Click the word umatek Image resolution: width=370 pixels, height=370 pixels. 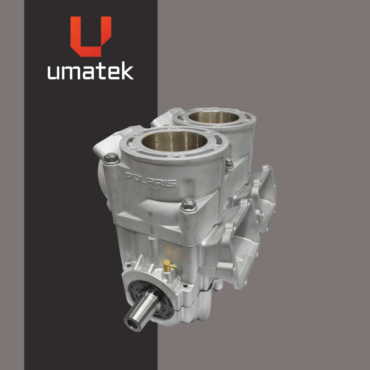(x=91, y=70)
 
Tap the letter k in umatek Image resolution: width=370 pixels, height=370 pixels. (x=128, y=70)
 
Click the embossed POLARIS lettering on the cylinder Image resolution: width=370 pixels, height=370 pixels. (x=151, y=180)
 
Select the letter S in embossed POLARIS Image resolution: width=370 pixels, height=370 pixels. (x=172, y=184)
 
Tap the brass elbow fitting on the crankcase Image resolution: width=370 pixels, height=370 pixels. (x=169, y=265)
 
